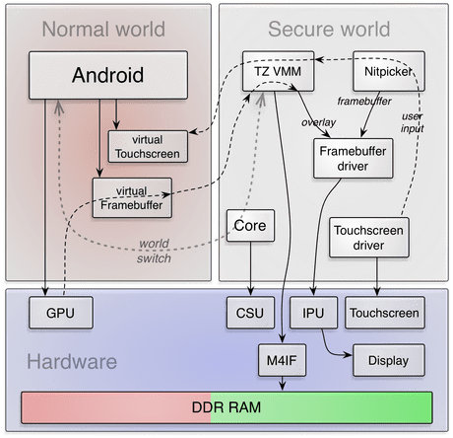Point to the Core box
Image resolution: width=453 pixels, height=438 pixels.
click(x=249, y=226)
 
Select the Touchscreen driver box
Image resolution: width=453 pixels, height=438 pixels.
click(x=367, y=238)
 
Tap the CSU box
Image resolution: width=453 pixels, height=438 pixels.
click(x=250, y=314)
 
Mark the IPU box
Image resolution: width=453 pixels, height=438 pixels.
click(x=312, y=314)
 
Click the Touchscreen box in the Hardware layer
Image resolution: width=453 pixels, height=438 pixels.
click(x=385, y=314)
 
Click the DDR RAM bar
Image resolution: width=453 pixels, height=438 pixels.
click(x=226, y=405)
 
